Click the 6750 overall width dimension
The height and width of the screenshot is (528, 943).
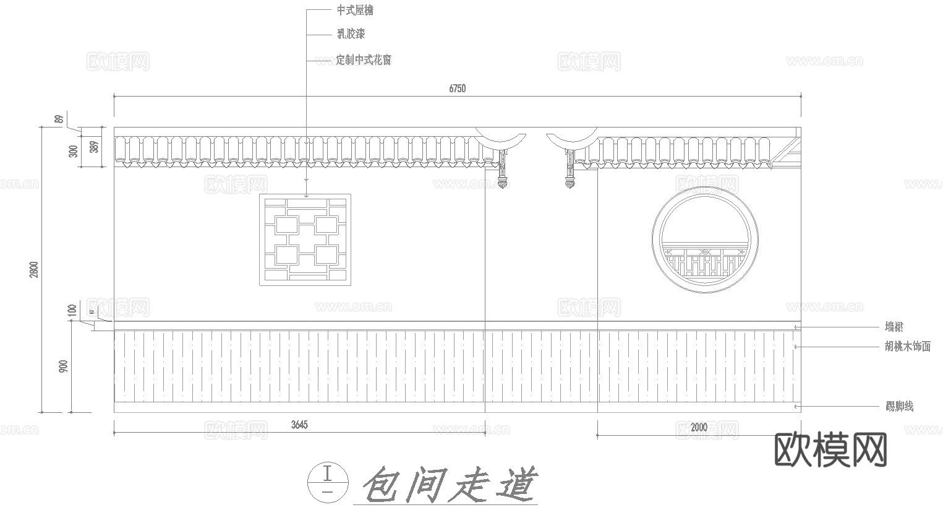(457, 89)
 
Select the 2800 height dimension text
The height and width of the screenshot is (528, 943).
(35, 269)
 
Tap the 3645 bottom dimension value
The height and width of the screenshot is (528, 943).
(299, 425)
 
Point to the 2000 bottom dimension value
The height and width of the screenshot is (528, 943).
(699, 427)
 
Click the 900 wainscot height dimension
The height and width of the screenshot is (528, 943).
(63, 366)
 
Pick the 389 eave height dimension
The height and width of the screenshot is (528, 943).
(94, 147)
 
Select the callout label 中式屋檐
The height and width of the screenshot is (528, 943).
(354, 11)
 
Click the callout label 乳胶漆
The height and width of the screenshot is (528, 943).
(351, 34)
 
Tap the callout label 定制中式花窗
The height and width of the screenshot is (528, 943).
(364, 60)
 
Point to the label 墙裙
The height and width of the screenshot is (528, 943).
(894, 327)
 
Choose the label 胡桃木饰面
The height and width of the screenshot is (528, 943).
(908, 347)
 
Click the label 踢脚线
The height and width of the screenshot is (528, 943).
(899, 407)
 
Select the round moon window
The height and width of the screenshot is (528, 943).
(705, 240)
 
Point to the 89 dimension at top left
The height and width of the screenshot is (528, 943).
(59, 119)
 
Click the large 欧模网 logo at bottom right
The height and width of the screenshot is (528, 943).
(830, 450)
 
